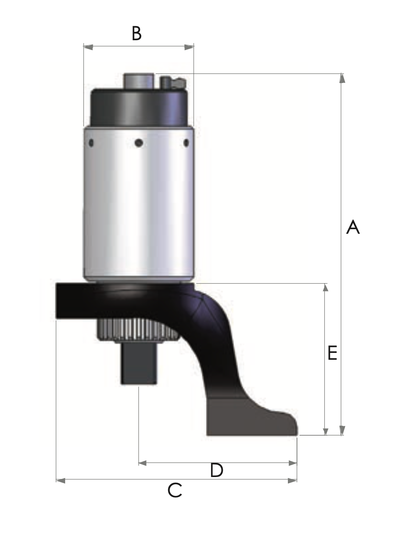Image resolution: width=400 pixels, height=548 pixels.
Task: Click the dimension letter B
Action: click(137, 33)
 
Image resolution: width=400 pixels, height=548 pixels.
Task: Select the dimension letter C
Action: click(175, 490)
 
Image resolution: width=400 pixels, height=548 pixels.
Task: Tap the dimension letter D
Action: click(217, 471)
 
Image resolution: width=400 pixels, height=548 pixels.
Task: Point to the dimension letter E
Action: click(332, 353)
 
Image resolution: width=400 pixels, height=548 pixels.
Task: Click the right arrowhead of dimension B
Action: click(189, 47)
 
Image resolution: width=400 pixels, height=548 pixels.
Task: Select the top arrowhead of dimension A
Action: click(342, 78)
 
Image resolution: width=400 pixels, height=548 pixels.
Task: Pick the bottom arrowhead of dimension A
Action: click(342, 430)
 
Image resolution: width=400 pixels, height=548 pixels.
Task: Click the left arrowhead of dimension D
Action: click(143, 463)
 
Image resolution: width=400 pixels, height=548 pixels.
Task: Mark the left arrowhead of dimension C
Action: click(61, 480)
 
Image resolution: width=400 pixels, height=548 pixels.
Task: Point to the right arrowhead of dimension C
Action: click(292, 480)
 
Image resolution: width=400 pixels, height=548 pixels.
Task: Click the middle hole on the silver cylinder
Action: click(139, 143)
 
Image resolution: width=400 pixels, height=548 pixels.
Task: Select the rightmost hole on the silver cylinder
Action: click(186, 143)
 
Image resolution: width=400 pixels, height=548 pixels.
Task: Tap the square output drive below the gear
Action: click(139, 364)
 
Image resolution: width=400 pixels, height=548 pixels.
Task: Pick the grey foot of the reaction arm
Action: click(250, 417)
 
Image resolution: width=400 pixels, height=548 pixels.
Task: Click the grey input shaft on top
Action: click(139, 81)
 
